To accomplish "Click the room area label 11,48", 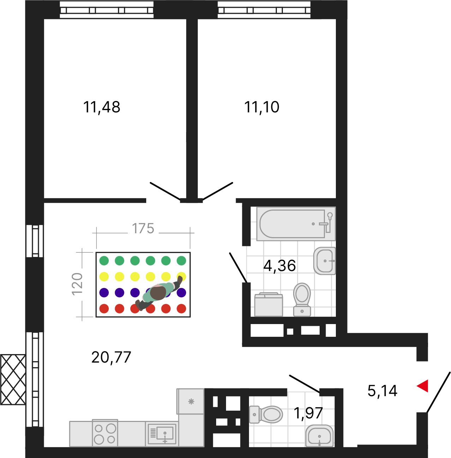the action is (x=102, y=107).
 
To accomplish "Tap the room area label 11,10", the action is (x=262, y=107).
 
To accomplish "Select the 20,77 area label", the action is (x=111, y=357).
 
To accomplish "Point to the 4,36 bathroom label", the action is (x=279, y=266).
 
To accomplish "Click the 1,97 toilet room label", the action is (x=308, y=413).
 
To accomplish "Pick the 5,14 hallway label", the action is (x=382, y=391).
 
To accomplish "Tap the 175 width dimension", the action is (x=143, y=228).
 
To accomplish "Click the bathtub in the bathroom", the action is (x=296, y=224).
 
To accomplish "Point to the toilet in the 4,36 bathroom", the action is (x=302, y=299).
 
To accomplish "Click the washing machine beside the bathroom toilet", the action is (x=268, y=305).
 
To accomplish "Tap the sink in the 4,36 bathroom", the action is (x=325, y=261).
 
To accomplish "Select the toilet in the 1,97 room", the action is (x=266, y=415).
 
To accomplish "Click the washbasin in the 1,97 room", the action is (x=319, y=436).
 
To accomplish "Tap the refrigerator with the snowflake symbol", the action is (x=191, y=401).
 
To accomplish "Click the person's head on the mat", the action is (x=158, y=293).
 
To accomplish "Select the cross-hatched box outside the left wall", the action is (x=13, y=380).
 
